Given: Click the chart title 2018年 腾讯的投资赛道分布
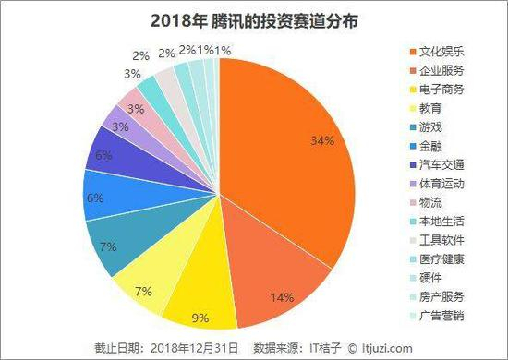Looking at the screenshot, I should point(254,20).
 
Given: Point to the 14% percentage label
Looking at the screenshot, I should point(282,297).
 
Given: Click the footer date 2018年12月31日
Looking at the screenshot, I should point(196,348).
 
